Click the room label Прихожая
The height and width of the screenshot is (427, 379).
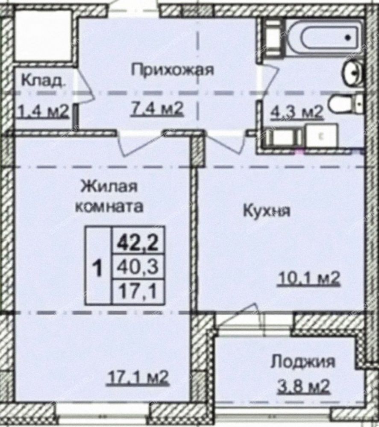pyautogui.click(x=173, y=70)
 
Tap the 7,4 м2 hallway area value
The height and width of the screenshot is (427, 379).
pyautogui.click(x=157, y=109)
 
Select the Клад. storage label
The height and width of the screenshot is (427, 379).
pyautogui.click(x=43, y=80)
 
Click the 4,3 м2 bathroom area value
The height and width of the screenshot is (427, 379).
pyautogui.click(x=297, y=112)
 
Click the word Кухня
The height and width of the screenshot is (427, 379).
pyautogui.click(x=267, y=211)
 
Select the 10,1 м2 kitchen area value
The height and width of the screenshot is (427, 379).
pyautogui.click(x=308, y=278)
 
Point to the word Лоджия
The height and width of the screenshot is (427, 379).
pyautogui.click(x=303, y=363)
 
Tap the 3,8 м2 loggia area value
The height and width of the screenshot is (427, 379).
pyautogui.click(x=303, y=386)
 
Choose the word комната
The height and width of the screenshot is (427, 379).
pyautogui.click(x=109, y=206)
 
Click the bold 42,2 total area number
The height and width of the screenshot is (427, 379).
pyautogui.click(x=138, y=243)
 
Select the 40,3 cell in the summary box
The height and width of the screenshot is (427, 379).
pyautogui.click(x=138, y=267)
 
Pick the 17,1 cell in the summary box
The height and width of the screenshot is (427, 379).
pyautogui.click(x=138, y=292)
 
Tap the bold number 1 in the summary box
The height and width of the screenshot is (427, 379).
pyautogui.click(x=97, y=268)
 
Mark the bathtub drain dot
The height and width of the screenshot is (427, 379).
pyautogui.click(x=348, y=37)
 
